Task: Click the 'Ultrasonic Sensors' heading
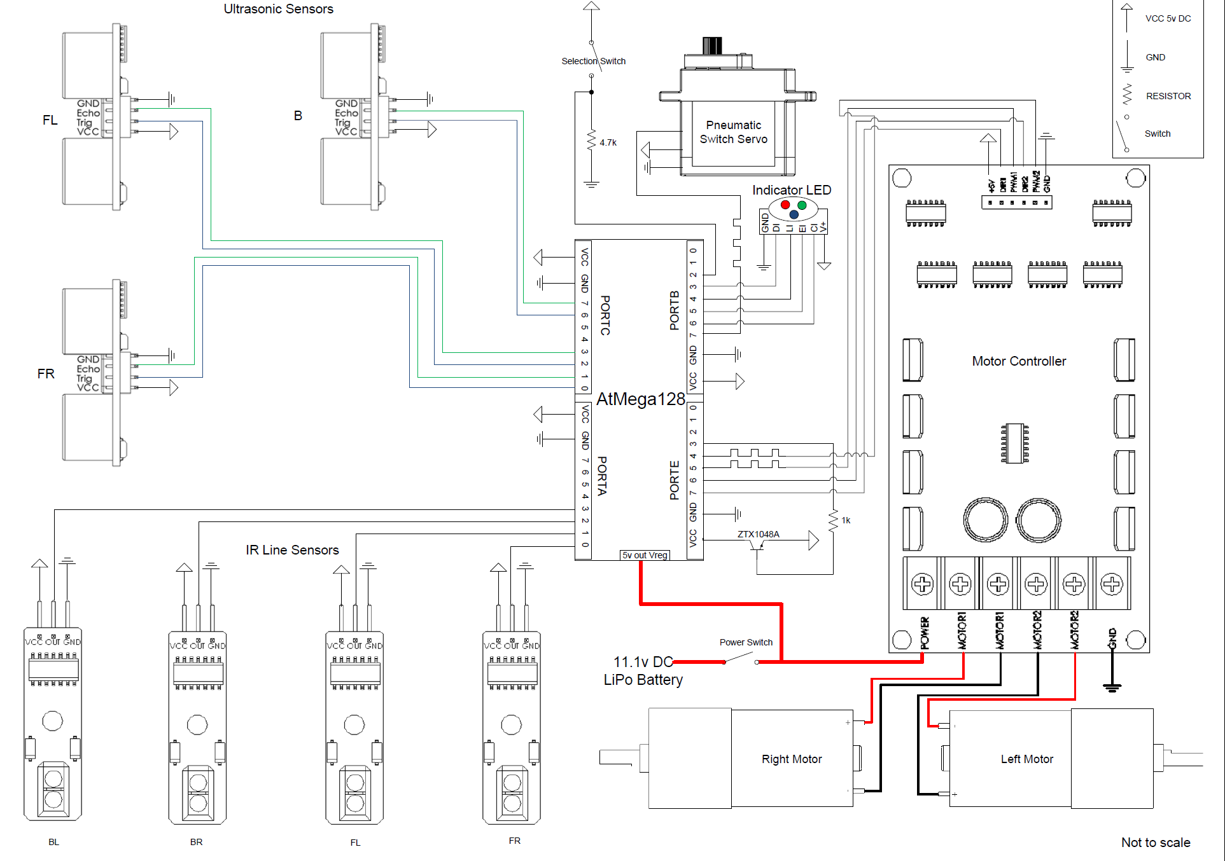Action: coord(278,9)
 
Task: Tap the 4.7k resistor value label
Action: coord(608,142)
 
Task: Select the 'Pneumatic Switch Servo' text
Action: coord(733,132)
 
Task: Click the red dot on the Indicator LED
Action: coord(785,205)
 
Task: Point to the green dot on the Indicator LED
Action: coord(802,205)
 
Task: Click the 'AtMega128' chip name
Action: coord(640,399)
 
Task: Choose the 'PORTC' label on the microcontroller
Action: coord(605,315)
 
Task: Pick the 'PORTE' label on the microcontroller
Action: coord(675,480)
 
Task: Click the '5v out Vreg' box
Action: coord(645,555)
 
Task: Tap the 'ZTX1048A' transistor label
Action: coord(758,534)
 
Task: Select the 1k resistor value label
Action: coord(846,520)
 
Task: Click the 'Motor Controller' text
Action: coord(1018,361)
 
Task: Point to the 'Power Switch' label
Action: coord(746,642)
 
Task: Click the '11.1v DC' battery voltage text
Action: coord(643,662)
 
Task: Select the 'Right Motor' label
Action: coord(792,759)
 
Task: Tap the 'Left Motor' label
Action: coord(1026,759)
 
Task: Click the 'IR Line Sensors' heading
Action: coord(292,550)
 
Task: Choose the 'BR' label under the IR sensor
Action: coord(196,842)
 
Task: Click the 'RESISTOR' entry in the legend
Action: coord(1168,96)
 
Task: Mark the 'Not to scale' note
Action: coord(1155,843)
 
